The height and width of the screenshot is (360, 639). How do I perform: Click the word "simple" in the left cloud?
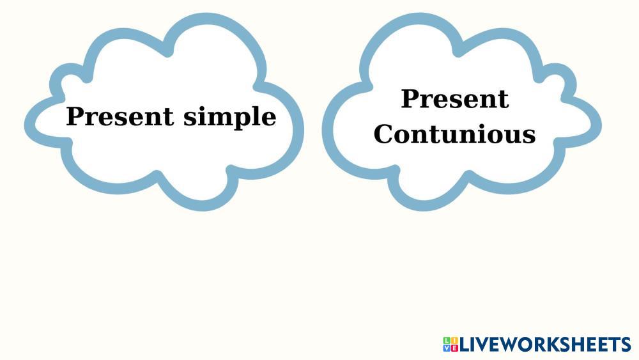[x=230, y=118]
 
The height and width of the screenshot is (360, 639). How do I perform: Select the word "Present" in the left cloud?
[x=120, y=116]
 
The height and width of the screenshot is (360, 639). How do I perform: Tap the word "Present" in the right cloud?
[x=455, y=98]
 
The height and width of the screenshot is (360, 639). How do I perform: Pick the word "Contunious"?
[x=454, y=134]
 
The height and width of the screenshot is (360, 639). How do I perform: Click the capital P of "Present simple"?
[x=74, y=116]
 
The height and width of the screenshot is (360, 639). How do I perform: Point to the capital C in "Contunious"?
[x=383, y=134]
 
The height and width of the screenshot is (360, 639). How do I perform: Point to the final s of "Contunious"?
[x=528, y=137]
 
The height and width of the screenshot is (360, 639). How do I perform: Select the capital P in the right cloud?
[x=410, y=98]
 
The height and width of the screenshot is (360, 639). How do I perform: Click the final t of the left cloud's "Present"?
[x=168, y=118]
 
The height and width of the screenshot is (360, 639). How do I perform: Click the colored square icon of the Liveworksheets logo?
[x=450, y=345]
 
